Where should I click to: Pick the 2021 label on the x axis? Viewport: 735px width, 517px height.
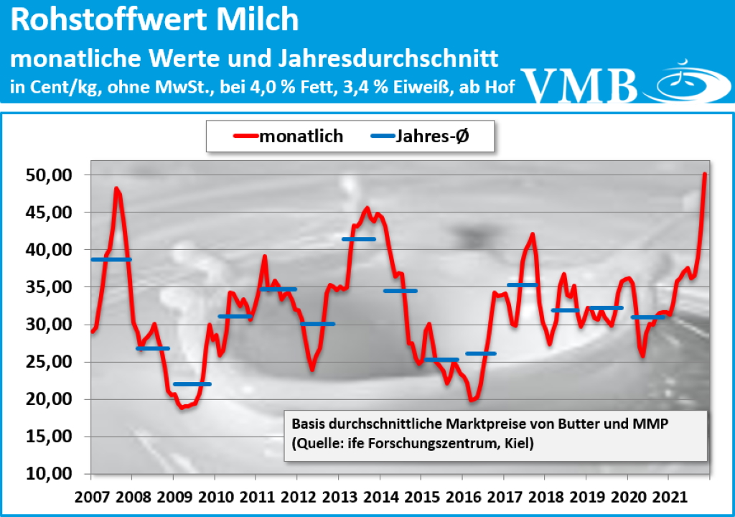[x=668, y=497]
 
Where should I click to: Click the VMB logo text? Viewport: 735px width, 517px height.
[x=580, y=85]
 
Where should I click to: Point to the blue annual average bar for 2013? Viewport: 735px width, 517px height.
[x=358, y=239]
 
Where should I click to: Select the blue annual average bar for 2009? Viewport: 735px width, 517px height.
[x=192, y=384]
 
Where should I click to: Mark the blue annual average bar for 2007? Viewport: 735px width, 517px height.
[x=111, y=259]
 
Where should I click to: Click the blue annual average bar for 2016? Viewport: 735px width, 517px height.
[x=480, y=353]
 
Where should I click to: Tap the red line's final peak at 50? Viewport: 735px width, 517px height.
[x=705, y=174]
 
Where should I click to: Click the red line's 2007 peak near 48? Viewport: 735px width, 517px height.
[x=116, y=189]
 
